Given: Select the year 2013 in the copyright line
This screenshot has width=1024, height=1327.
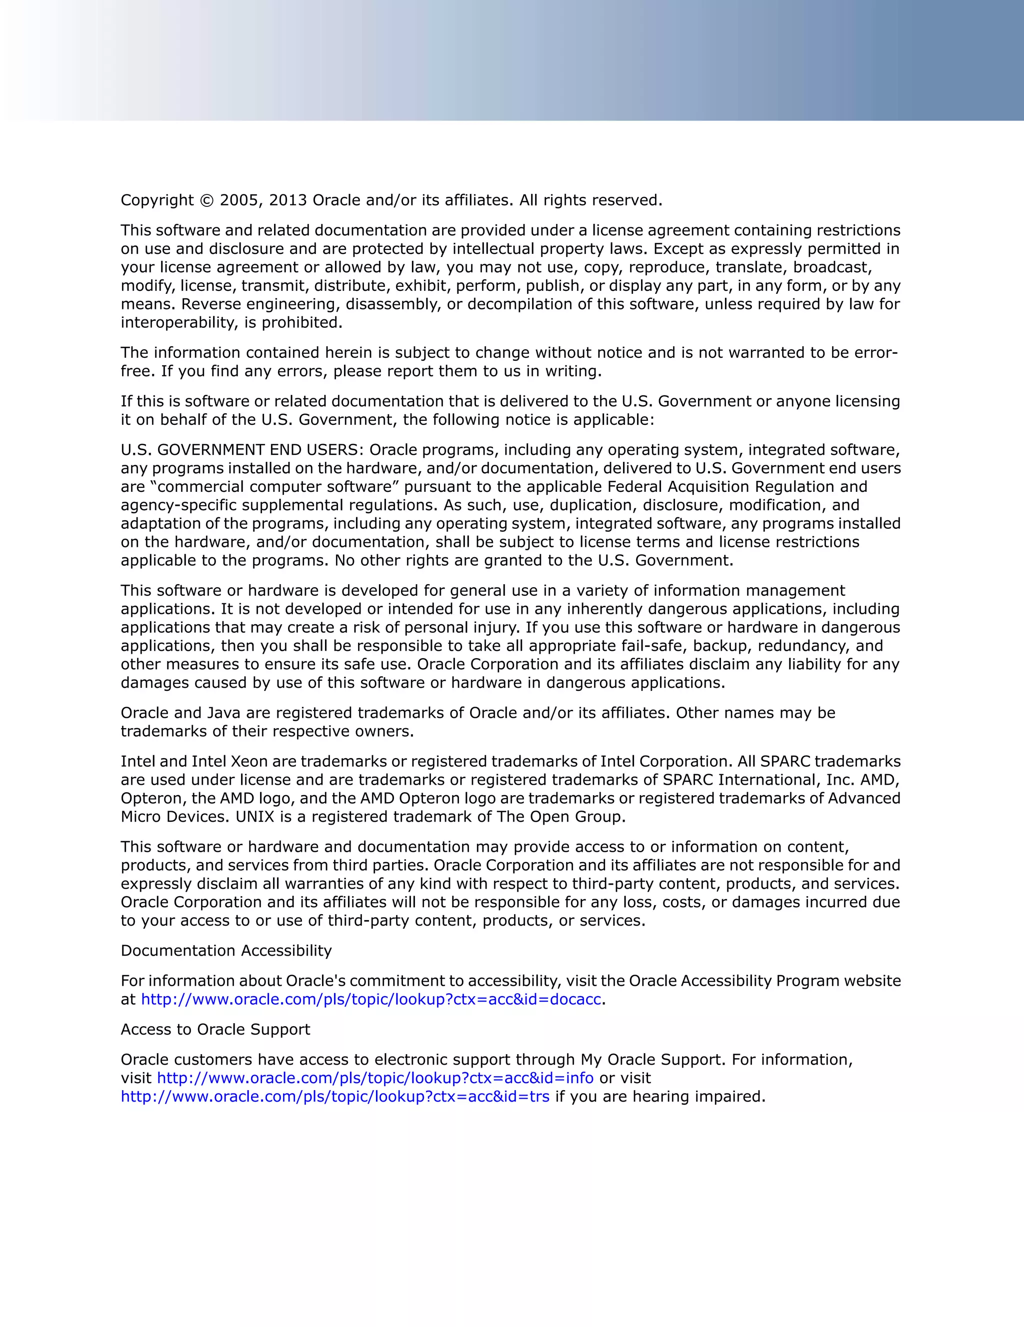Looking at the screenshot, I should [288, 200].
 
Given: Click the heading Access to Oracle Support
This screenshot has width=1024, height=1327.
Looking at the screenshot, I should [215, 1029].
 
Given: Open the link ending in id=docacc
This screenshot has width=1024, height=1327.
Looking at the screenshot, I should [370, 1000].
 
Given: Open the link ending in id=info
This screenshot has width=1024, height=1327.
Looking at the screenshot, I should [375, 1078].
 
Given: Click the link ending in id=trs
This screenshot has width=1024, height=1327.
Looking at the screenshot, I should [335, 1097].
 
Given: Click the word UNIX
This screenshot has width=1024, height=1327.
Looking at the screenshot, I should [255, 817].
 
